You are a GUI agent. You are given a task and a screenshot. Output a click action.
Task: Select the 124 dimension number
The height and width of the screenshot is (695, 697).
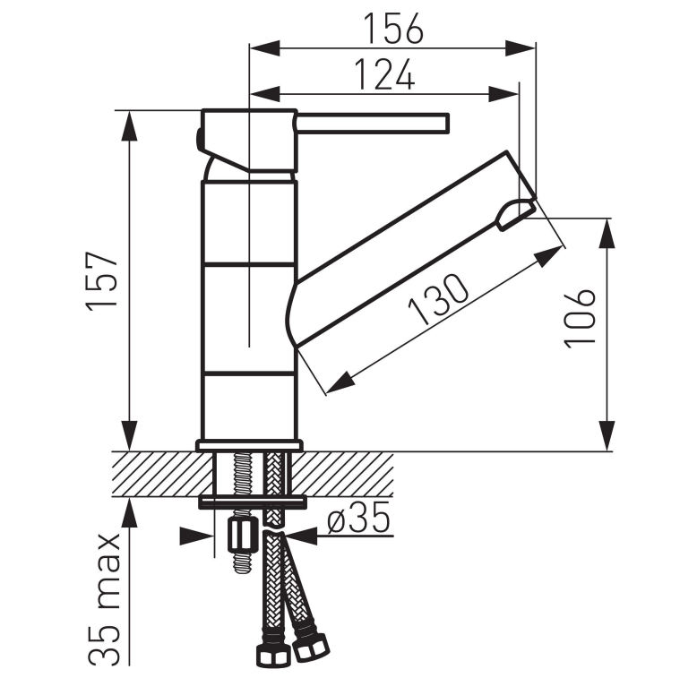[x=383, y=74]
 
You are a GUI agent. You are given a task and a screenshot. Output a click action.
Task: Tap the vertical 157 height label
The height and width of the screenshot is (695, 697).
[x=102, y=281]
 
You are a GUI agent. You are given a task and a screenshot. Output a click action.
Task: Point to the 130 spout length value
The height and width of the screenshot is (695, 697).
[x=439, y=299]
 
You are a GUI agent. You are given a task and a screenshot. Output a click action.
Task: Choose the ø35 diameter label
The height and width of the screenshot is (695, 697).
[x=357, y=519]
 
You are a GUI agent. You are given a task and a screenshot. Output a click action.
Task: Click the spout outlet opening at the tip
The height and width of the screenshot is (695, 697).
[x=514, y=213]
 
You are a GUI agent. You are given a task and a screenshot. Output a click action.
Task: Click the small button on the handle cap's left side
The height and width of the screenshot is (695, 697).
[x=198, y=139]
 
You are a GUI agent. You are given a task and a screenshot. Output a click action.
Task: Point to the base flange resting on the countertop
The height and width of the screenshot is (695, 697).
[x=249, y=445]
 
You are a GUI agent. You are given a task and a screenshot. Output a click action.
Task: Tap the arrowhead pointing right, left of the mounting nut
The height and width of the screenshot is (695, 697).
[x=202, y=536]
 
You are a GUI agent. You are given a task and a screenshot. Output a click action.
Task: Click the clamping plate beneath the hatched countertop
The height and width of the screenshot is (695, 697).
[x=252, y=501]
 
